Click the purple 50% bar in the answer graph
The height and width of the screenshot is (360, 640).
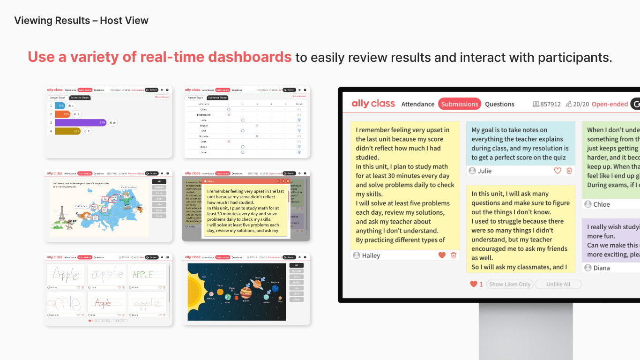(x=80, y=122)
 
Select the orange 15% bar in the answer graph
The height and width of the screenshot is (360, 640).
(x=63, y=114)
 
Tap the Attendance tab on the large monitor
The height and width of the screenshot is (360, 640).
(x=417, y=104)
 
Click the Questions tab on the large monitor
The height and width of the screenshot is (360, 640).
(x=499, y=104)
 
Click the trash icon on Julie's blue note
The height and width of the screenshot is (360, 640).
(x=569, y=171)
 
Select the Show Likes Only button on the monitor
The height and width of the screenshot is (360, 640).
(x=510, y=284)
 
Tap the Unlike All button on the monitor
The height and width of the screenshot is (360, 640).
(x=558, y=284)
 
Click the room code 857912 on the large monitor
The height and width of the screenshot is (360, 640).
(x=550, y=104)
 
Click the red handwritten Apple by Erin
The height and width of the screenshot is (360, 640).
(x=103, y=303)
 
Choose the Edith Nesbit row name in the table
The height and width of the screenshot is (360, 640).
(x=204, y=114)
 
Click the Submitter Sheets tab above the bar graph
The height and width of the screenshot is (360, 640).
(x=80, y=98)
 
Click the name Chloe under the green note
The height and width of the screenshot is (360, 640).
(x=602, y=204)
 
